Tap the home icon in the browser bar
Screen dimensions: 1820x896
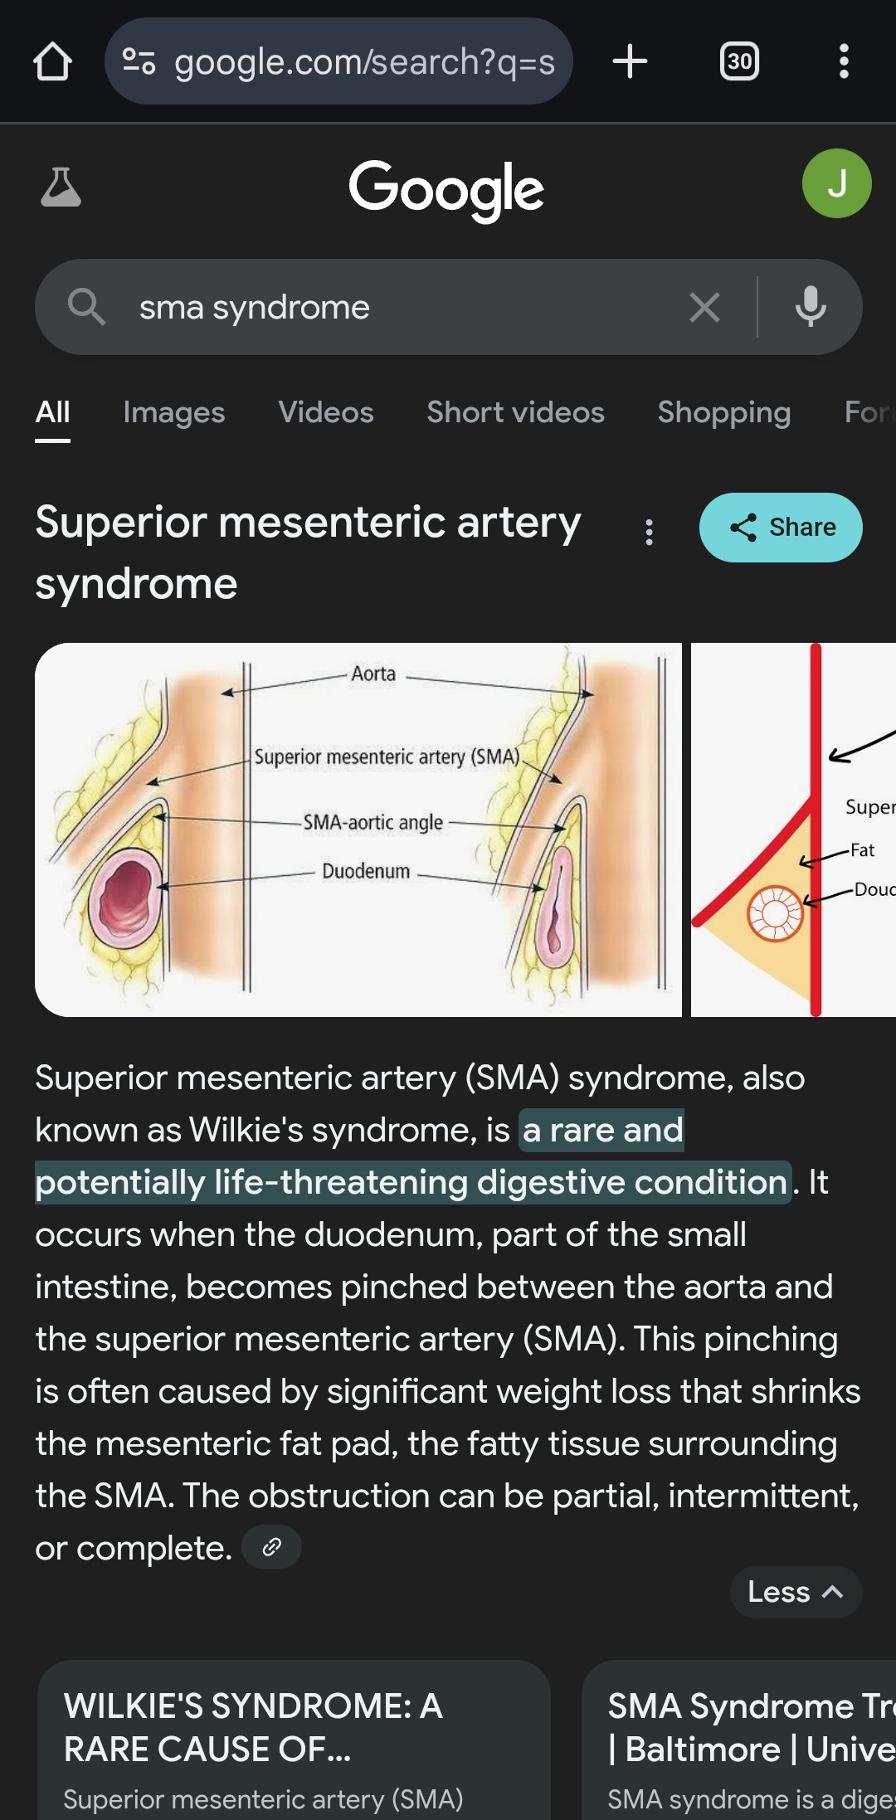[52, 61]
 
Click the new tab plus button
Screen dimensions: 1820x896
[630, 61]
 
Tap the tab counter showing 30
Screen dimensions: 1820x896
[738, 61]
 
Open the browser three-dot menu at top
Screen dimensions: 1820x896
[844, 61]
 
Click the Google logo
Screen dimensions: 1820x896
[446, 189]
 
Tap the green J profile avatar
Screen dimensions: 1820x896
[836, 183]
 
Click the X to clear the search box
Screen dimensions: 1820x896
[704, 308]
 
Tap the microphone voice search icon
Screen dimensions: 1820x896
[811, 308]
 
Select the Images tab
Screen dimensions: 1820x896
[174, 412]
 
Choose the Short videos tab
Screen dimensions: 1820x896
[515, 412]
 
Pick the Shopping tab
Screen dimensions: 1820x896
[723, 412]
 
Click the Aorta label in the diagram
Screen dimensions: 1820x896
[373, 674]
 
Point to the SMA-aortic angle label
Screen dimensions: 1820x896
[373, 822]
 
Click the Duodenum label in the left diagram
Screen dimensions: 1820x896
[366, 871]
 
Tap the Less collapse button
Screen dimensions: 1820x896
[795, 1592]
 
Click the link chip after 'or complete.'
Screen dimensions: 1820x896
[271, 1547]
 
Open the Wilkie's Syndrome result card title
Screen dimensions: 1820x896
[253, 1727]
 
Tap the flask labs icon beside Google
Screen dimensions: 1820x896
[61, 187]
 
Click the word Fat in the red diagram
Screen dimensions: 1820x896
[862, 849]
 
